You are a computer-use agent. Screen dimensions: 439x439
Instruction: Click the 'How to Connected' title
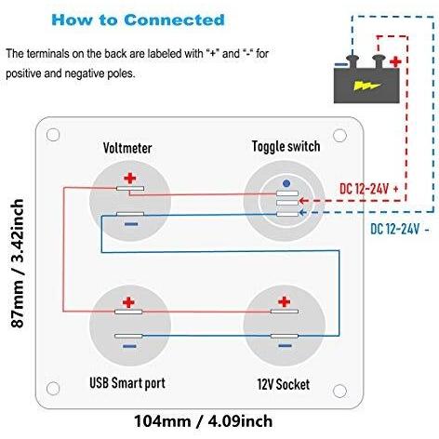click(138, 20)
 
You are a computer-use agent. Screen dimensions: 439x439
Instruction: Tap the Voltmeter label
click(127, 148)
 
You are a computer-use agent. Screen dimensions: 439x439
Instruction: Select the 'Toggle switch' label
click(286, 146)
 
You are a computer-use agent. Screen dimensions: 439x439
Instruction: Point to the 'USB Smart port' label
click(127, 383)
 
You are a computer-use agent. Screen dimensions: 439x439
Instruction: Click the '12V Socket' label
click(284, 384)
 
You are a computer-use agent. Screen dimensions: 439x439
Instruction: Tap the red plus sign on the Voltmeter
click(130, 179)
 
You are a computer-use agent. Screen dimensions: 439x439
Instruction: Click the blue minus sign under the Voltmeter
click(131, 224)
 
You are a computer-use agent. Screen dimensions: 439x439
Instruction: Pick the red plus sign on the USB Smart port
click(128, 302)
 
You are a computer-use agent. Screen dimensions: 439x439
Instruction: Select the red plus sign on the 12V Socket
click(284, 301)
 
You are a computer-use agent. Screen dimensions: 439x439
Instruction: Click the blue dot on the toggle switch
click(286, 183)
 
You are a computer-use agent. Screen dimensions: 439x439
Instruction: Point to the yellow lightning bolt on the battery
click(366, 86)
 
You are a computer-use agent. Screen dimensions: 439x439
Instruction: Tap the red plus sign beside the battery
click(395, 62)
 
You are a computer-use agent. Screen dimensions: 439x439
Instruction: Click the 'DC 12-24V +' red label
click(369, 189)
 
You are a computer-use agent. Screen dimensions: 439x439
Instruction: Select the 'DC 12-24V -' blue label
click(400, 229)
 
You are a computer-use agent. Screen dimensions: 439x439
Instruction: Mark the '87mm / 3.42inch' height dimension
click(18, 263)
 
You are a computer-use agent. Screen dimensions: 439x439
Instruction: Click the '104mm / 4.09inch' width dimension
click(204, 421)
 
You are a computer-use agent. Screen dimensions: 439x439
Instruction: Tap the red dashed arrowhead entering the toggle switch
click(303, 201)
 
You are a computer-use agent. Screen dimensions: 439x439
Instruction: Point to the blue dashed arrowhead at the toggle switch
click(302, 213)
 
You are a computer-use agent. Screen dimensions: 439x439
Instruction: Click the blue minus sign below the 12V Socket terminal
click(286, 346)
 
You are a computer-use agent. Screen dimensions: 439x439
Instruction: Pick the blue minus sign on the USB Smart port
click(129, 346)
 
